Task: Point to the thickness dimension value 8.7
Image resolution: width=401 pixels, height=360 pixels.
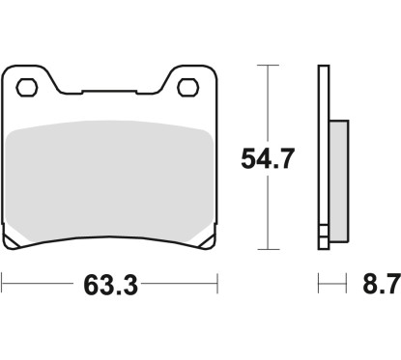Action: [x=375, y=286]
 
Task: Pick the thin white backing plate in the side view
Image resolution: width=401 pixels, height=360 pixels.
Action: [x=324, y=154]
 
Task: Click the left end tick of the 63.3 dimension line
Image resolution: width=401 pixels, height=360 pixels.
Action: [x=3, y=286]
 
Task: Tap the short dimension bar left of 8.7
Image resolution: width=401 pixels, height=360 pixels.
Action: [x=332, y=286]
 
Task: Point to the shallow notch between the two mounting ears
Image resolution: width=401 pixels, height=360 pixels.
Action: [x=106, y=94]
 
